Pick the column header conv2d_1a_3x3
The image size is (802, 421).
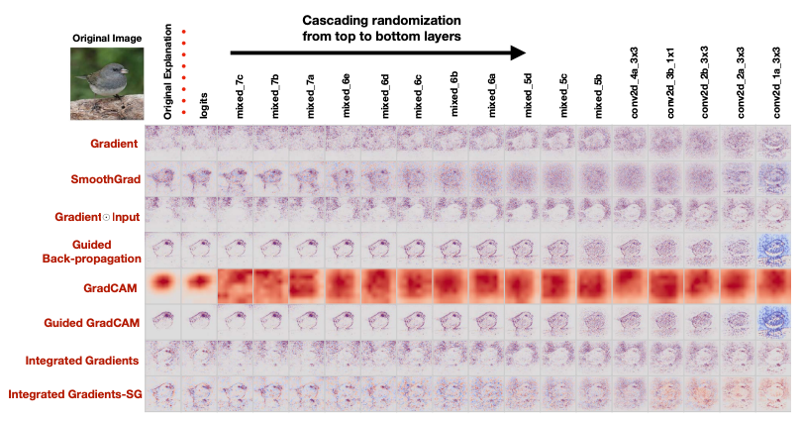[x=775, y=83]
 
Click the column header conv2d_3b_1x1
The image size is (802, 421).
[x=668, y=83]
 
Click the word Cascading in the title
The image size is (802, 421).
[x=341, y=19]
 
